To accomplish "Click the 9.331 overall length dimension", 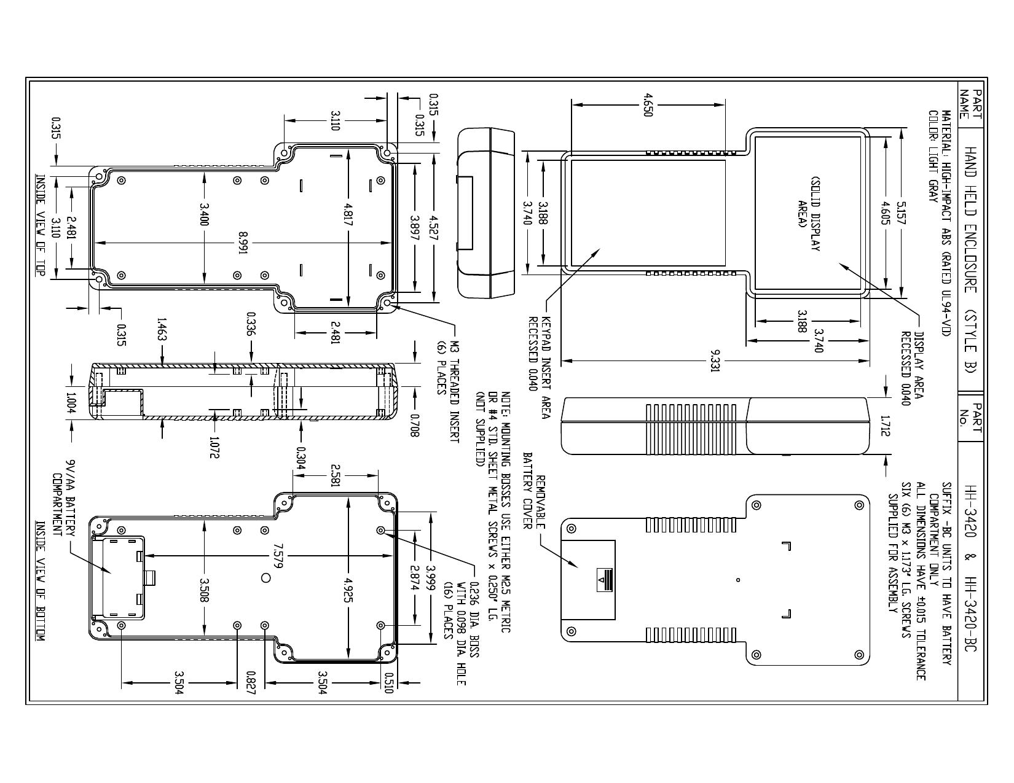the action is pos(715,360).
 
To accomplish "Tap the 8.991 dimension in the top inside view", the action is pos(243,243).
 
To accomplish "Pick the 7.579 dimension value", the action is pos(278,555).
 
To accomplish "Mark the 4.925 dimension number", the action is pos(348,590).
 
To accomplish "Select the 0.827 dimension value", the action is pos(251,683).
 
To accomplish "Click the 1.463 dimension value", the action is pos(162,329).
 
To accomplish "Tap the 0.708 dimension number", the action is pos(414,426).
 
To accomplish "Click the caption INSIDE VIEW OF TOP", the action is pos(41,226).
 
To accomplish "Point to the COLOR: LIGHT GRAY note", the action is pos(932,156).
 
